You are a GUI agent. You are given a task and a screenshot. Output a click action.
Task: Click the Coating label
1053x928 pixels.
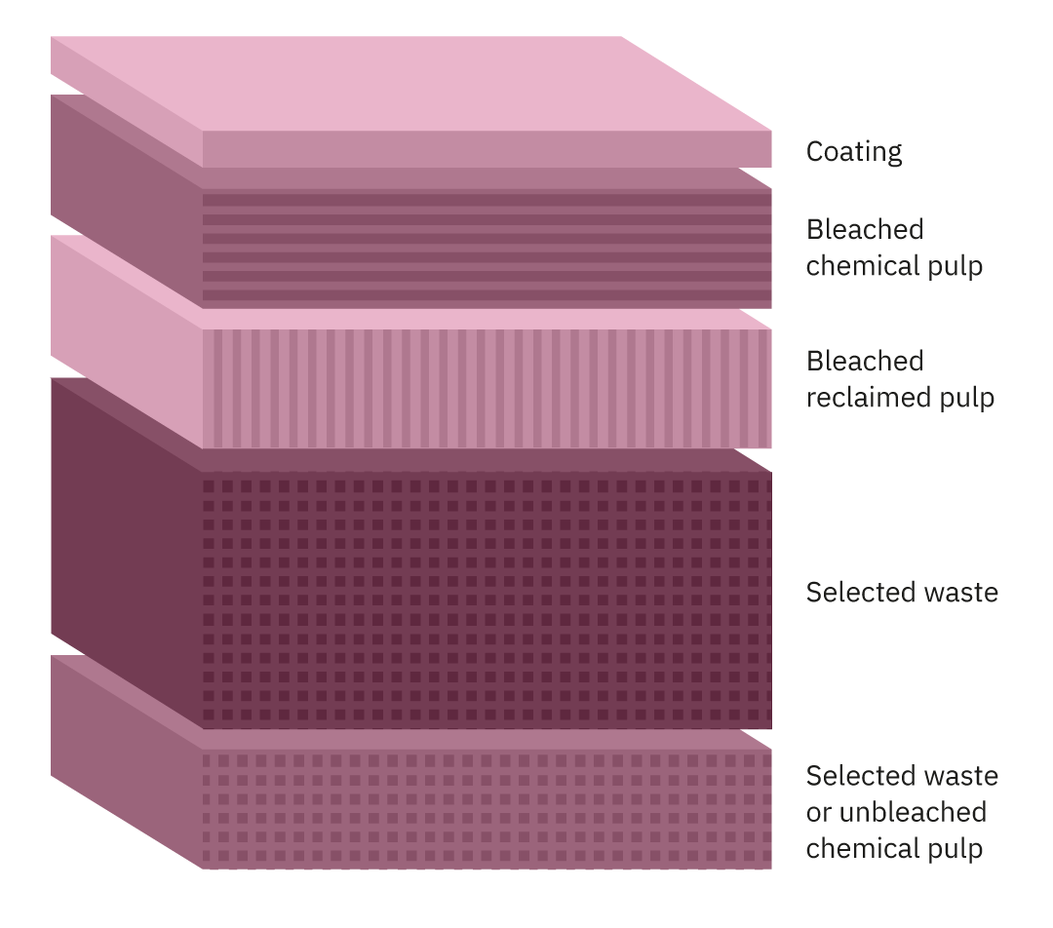(853, 152)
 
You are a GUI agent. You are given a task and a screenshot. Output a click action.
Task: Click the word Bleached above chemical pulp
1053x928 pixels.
(864, 229)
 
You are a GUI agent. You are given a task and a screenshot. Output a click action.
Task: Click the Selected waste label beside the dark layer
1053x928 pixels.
(902, 593)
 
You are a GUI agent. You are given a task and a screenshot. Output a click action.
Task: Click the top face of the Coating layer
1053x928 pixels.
(409, 82)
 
